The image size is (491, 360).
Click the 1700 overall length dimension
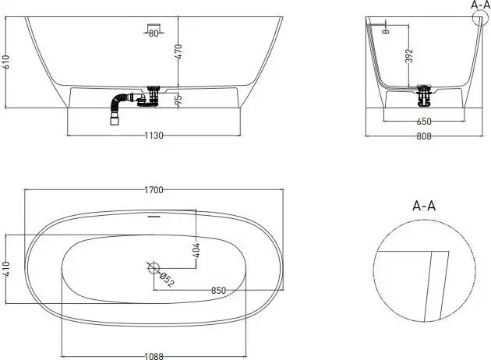pos(153,189)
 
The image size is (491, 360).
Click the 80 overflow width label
pos(154,34)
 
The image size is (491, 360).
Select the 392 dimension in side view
pos(410,56)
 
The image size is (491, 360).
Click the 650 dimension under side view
pos(423,122)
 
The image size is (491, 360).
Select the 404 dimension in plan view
pos(196,250)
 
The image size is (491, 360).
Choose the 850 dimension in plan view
pos(219,291)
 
